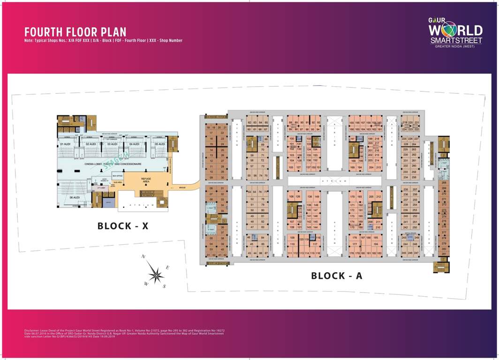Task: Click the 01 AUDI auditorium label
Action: pos(64,144)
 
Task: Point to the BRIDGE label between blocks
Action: pos(182,187)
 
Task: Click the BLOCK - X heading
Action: pos(123,226)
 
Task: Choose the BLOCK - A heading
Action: pos(337,276)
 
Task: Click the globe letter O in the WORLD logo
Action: pos(449,30)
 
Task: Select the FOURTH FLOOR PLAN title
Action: pos(76,32)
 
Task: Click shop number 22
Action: pos(222,133)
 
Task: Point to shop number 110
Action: pos(292,244)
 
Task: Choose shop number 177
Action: pos(355,244)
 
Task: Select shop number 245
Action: pos(404,253)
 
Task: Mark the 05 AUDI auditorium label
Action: pos(158,144)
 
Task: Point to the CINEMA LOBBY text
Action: pos(93,164)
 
